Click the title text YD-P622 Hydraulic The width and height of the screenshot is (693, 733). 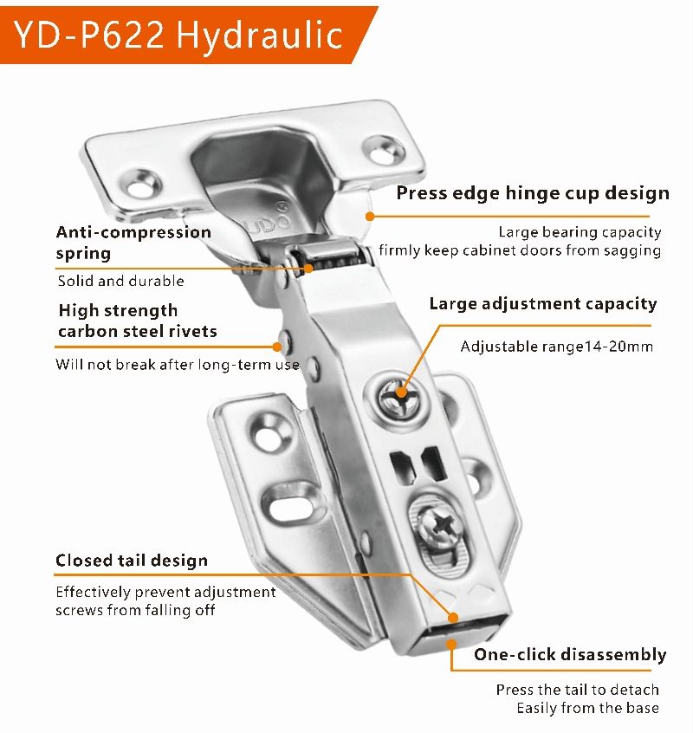[x=178, y=34]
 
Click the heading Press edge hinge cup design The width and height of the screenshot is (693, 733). [x=533, y=193]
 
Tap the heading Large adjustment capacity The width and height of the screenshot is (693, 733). [x=543, y=304]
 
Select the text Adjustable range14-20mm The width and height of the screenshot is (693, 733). [x=556, y=347]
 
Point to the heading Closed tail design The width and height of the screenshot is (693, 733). [x=132, y=560]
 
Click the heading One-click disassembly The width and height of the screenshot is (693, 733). [x=570, y=654]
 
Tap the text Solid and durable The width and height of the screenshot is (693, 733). [x=120, y=281]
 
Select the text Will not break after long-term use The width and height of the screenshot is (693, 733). [x=177, y=364]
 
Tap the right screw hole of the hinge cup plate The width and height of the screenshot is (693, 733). [x=383, y=151]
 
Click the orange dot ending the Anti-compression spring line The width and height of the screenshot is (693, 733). [x=309, y=269]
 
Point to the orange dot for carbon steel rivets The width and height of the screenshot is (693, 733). [x=277, y=347]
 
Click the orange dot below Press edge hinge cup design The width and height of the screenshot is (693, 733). [x=370, y=216]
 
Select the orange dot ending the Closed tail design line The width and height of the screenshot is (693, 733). [x=452, y=618]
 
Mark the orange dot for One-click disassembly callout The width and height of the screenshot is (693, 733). [x=451, y=645]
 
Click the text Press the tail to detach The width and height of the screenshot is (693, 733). [x=577, y=690]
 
